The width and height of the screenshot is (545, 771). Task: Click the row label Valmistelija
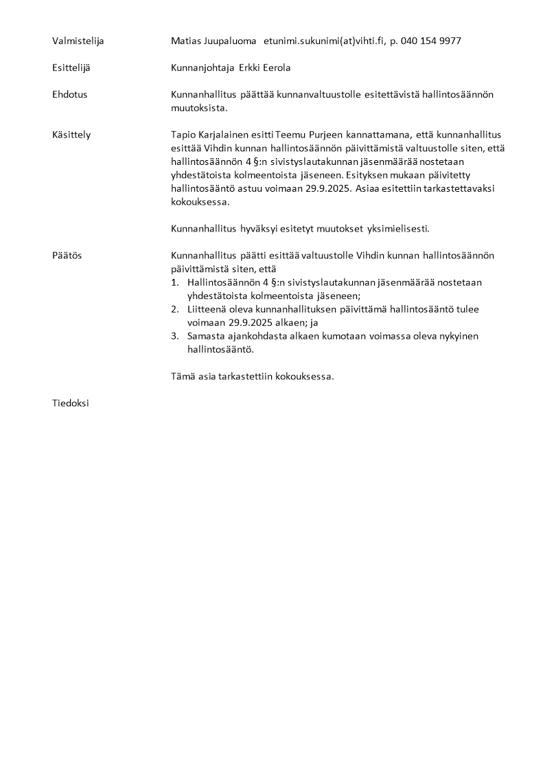click(78, 41)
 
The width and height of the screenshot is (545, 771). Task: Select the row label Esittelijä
click(71, 68)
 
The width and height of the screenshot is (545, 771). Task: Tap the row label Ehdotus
click(69, 95)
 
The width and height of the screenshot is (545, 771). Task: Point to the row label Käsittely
click(71, 135)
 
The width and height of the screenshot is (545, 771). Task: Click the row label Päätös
click(67, 256)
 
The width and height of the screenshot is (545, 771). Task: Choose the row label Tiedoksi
click(70, 403)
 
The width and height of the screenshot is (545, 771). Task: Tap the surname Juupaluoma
click(229, 41)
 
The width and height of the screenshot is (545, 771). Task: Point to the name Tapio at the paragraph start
click(183, 135)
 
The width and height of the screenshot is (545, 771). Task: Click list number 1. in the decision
click(174, 282)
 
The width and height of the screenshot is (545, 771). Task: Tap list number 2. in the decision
click(174, 309)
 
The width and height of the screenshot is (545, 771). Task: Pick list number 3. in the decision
click(174, 336)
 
